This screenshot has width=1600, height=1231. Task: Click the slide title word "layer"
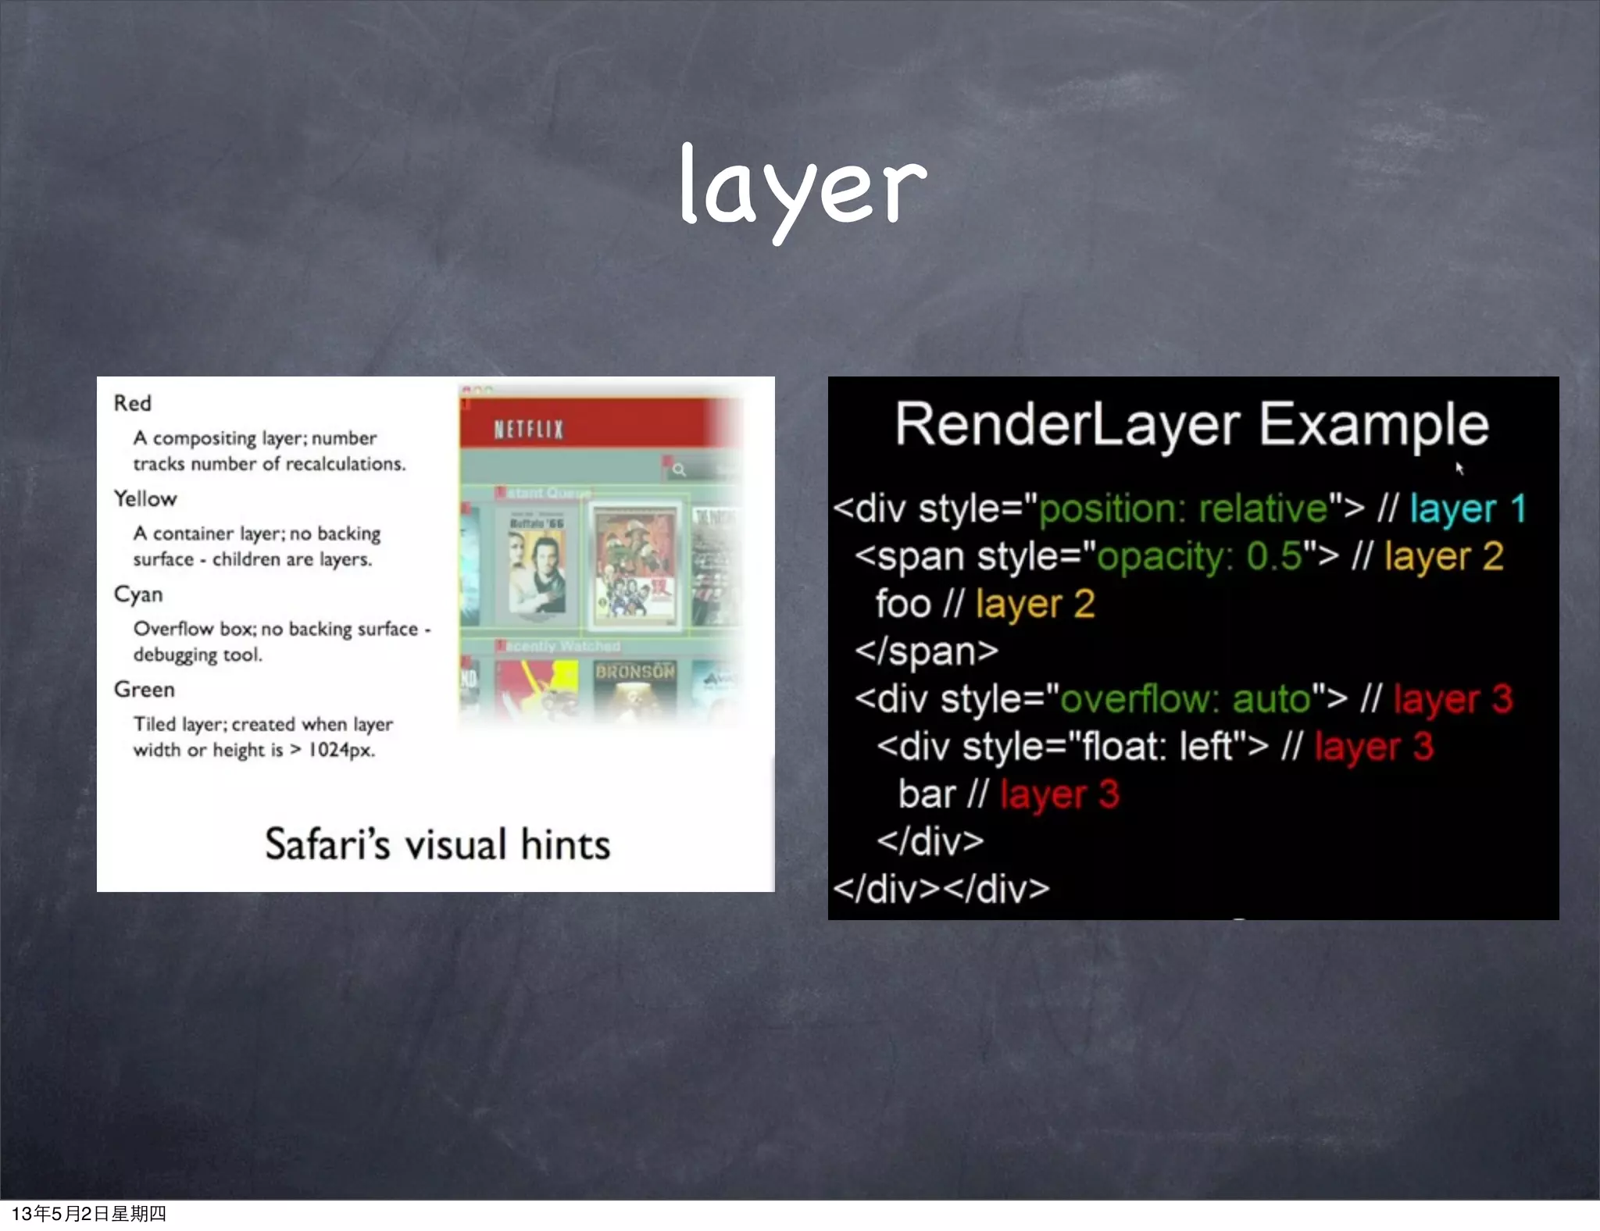(x=802, y=187)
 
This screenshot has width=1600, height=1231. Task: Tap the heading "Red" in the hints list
(x=132, y=403)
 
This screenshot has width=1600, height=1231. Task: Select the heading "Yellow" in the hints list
(x=145, y=498)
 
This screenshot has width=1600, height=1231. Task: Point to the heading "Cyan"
(x=138, y=594)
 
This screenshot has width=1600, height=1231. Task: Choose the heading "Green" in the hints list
(x=145, y=690)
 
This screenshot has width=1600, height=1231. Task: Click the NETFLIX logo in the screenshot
(x=528, y=429)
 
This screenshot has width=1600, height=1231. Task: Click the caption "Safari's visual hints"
(x=437, y=844)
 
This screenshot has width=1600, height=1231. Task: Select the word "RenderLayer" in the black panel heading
(x=1066, y=424)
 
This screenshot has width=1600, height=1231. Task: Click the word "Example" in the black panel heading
(x=1373, y=424)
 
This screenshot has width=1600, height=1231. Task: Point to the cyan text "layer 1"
(x=1467, y=509)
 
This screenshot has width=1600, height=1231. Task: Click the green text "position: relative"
(x=1183, y=509)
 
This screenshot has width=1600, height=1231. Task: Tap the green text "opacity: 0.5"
(x=1199, y=557)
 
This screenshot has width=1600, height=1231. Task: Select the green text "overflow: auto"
(x=1184, y=699)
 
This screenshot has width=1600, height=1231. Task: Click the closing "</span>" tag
(x=926, y=651)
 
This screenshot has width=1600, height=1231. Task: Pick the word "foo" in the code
(x=903, y=604)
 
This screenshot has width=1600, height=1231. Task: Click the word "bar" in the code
(x=927, y=794)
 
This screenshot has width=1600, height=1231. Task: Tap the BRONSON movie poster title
(x=634, y=672)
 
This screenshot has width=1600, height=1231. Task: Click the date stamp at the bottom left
(x=88, y=1213)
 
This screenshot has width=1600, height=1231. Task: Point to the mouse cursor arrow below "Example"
(x=1459, y=468)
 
